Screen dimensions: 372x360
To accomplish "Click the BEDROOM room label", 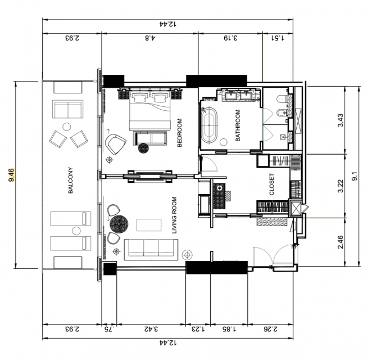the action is tap(180, 133).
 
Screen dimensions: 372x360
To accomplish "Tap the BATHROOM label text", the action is tap(238, 125).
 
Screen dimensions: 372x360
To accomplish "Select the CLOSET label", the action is tap(272, 184).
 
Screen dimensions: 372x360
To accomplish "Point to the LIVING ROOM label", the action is tap(174, 215).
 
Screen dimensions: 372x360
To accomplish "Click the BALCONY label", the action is tap(70, 181).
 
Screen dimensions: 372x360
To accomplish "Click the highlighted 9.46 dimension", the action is tap(11, 175).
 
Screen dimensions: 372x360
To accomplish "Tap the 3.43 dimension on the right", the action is tap(341, 120).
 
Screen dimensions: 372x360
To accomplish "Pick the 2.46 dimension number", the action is tap(341, 242).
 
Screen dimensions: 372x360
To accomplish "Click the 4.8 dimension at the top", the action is tap(150, 38).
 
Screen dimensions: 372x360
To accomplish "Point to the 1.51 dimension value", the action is tap(278, 38).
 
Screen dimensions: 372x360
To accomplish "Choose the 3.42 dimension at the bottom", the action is tap(151, 329).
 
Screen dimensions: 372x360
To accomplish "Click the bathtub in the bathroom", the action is tap(209, 125).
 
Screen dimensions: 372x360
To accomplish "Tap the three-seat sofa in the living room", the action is tap(151, 250).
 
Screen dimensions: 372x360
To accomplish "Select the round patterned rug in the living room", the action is tap(119, 224).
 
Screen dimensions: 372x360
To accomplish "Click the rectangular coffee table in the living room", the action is tap(149, 225).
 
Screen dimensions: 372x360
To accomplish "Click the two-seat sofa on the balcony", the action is tap(68, 109).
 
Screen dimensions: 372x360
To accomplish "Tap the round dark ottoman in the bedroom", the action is tap(143, 148).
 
